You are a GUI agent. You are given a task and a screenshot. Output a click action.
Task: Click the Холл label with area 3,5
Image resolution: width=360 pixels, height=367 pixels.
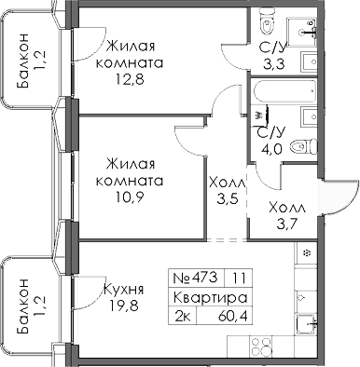pos(223,183)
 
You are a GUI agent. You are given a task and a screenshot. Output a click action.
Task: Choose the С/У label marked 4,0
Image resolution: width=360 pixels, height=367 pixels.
pos(271,136)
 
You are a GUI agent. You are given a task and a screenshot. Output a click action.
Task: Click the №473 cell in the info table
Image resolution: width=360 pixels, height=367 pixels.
pos(195,277)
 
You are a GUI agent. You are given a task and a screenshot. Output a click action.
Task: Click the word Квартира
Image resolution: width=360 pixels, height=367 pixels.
pos(211,298)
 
